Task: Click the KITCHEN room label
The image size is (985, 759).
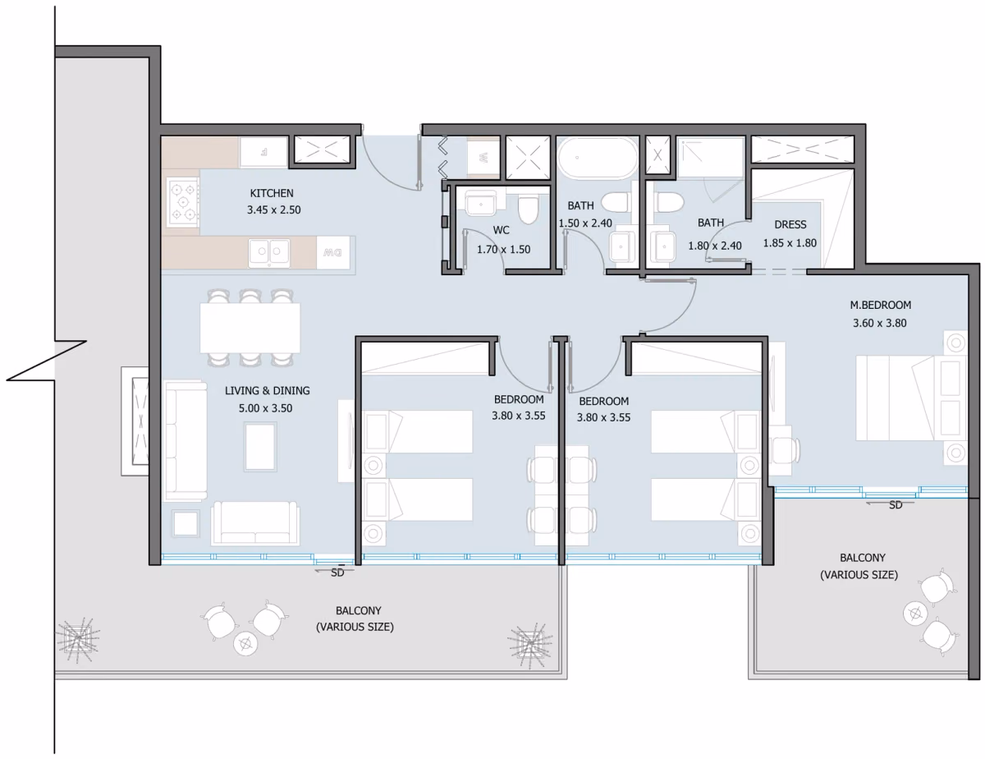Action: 272,193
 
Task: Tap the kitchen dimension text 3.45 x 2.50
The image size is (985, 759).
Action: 274,210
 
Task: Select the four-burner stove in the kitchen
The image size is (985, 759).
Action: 183,202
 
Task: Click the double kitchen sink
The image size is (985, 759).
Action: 269,252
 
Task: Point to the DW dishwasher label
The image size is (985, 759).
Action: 332,253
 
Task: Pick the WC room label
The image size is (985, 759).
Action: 501,230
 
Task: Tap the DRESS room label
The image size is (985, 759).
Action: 790,224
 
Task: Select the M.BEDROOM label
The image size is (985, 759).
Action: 880,305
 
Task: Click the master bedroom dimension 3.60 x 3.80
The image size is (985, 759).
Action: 879,324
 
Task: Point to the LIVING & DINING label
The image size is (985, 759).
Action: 268,390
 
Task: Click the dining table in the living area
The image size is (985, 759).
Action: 250,328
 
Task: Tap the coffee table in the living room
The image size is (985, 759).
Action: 260,447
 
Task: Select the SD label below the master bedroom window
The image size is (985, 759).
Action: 896,505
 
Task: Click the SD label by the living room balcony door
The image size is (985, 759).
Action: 337,573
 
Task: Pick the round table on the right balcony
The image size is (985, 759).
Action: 916,614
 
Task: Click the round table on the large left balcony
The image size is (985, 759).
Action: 245,643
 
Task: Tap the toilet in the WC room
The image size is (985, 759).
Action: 527,209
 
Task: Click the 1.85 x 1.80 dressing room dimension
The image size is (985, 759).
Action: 790,243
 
